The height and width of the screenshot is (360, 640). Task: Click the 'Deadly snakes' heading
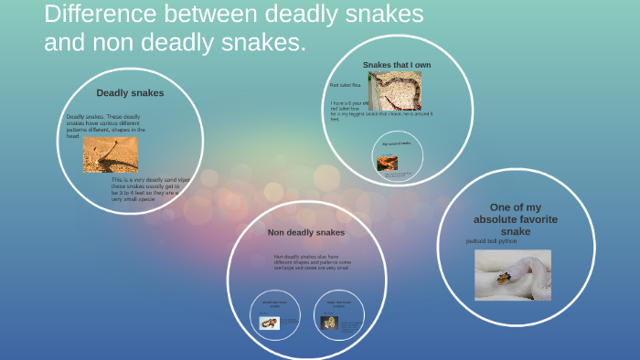click(x=130, y=93)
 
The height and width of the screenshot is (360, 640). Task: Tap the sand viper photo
click(x=111, y=155)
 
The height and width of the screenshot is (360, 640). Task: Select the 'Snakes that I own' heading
click(x=396, y=65)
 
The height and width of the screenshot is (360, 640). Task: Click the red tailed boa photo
click(x=395, y=90)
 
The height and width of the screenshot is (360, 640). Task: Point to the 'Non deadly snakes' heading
click(x=305, y=233)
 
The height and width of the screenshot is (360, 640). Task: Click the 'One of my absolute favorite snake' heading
click(x=516, y=219)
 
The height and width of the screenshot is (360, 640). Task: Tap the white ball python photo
click(x=512, y=275)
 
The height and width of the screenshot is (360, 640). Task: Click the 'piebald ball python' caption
click(x=491, y=241)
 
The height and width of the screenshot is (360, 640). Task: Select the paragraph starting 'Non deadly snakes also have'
click(x=312, y=261)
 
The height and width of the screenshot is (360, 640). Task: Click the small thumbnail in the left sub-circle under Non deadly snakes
click(x=269, y=323)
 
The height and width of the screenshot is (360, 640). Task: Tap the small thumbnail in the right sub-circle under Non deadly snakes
click(x=328, y=323)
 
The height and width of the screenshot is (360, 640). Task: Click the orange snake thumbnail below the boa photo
click(x=388, y=164)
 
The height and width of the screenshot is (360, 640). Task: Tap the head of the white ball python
click(x=503, y=277)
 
